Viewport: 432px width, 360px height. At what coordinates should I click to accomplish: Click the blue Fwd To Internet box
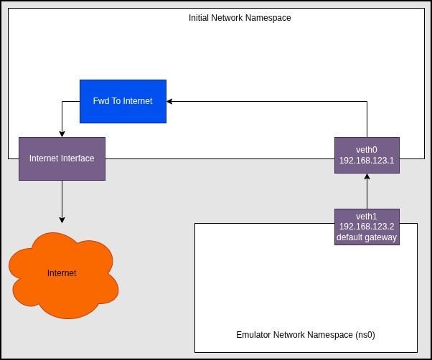(123, 101)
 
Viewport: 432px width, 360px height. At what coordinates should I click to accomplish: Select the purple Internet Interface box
(62, 158)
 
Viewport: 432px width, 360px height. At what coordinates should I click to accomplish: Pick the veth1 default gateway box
(367, 227)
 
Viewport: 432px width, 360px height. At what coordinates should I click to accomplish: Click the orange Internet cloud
(62, 274)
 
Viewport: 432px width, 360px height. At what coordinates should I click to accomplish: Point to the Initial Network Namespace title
(239, 17)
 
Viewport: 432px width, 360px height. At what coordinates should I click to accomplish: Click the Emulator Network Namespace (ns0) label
(306, 335)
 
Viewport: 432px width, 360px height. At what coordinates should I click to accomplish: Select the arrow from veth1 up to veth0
(367, 192)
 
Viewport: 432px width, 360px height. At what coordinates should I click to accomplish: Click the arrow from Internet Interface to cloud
(62, 201)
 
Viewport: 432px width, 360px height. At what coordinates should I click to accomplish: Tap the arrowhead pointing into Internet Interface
(62, 133)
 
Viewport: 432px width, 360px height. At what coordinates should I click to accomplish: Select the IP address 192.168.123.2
(367, 227)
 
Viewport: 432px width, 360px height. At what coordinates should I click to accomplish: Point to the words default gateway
(367, 237)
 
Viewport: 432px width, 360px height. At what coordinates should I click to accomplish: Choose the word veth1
(367, 216)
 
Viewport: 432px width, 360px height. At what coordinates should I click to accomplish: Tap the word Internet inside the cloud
(62, 273)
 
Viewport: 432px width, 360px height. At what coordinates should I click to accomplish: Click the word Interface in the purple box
(78, 158)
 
